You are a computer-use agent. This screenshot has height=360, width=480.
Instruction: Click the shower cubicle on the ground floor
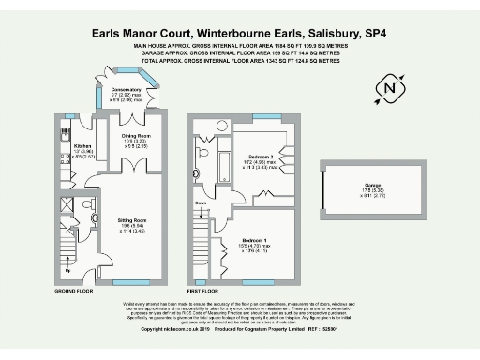click(x=68, y=204)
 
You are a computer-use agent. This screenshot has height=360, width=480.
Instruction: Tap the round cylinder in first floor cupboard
click(x=222, y=125)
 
